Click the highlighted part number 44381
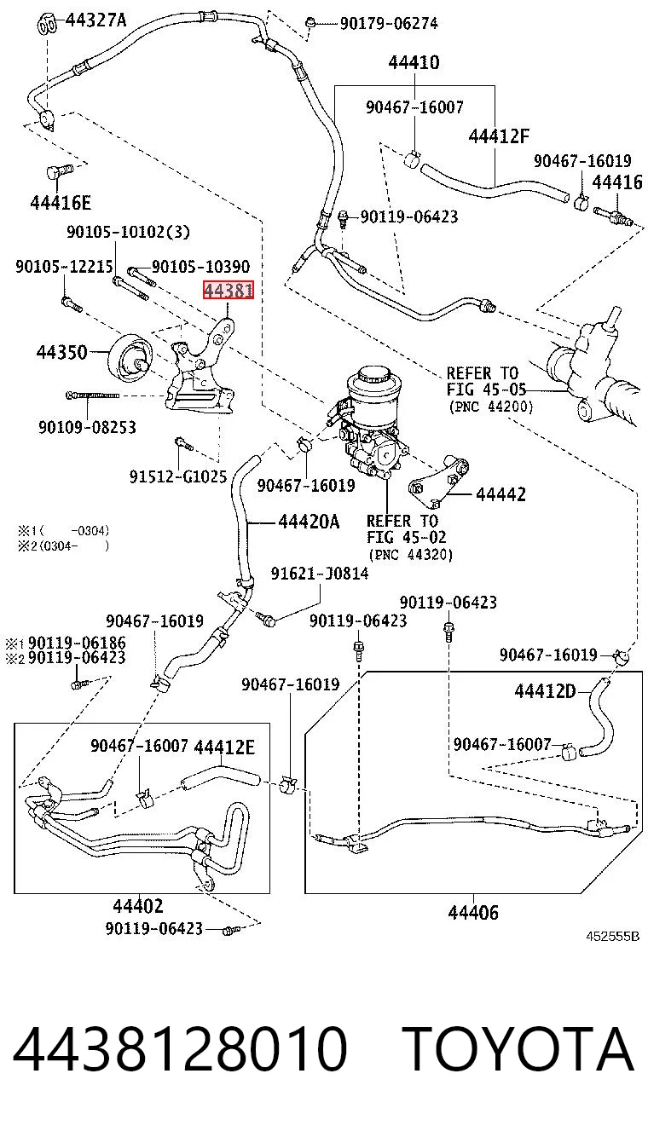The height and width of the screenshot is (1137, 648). [228, 291]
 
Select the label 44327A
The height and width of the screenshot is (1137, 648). [96, 20]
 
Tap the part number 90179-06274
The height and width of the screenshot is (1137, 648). [389, 23]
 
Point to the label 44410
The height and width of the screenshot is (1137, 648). [414, 62]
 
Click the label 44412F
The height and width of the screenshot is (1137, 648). [499, 136]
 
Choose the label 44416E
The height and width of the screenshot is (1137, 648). [61, 203]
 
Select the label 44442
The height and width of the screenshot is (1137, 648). [500, 493]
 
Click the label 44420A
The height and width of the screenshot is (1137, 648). [309, 522]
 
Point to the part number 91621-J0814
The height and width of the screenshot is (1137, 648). [320, 574]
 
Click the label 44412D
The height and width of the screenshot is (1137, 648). [546, 691]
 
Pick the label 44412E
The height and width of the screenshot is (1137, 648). [224, 747]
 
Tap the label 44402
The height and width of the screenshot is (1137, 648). [137, 906]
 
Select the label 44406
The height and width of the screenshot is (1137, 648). [473, 912]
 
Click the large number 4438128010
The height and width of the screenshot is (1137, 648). [179, 1048]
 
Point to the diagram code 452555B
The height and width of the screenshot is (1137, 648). [612, 937]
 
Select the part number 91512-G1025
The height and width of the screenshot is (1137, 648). [177, 476]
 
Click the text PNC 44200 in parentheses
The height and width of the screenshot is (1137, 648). [491, 407]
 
